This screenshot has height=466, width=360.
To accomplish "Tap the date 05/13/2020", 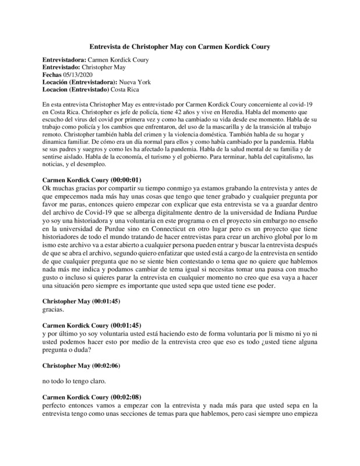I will point(76,75).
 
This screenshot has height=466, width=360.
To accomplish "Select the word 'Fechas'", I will point(53,75).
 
